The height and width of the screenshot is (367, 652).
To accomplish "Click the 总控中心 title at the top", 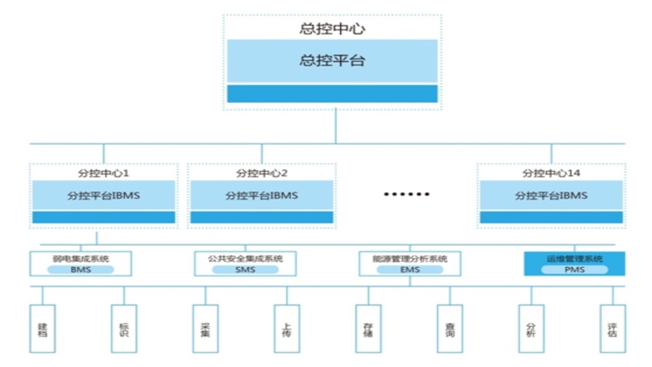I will [332, 29].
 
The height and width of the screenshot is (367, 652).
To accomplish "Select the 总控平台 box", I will [332, 61].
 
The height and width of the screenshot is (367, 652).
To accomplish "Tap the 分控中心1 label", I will [103, 173].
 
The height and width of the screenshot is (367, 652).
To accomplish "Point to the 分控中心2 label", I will [262, 173].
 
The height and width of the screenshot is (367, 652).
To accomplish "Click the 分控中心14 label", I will [551, 173].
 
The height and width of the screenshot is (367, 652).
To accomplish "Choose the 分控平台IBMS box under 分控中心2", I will [262, 195].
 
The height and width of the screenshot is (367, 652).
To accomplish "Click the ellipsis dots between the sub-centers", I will [406, 194].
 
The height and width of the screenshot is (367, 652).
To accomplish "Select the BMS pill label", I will [80, 269].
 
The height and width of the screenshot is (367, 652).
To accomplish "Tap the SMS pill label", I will [245, 269].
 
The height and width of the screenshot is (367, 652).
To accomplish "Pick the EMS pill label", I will [410, 269].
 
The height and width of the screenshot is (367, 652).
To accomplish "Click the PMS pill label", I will [574, 269].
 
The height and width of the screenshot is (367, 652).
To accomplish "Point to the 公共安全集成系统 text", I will [245, 258].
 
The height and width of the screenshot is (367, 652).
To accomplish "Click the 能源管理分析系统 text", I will [410, 258].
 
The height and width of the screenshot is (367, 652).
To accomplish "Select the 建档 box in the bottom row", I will [42, 329].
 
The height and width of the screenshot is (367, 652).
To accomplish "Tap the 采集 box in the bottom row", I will [205, 329].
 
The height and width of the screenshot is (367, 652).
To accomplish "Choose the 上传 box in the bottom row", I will [287, 329].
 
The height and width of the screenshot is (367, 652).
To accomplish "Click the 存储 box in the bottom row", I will [368, 329].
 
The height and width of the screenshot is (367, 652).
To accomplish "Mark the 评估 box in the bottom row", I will [612, 329].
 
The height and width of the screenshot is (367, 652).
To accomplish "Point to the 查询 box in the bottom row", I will [450, 329].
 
